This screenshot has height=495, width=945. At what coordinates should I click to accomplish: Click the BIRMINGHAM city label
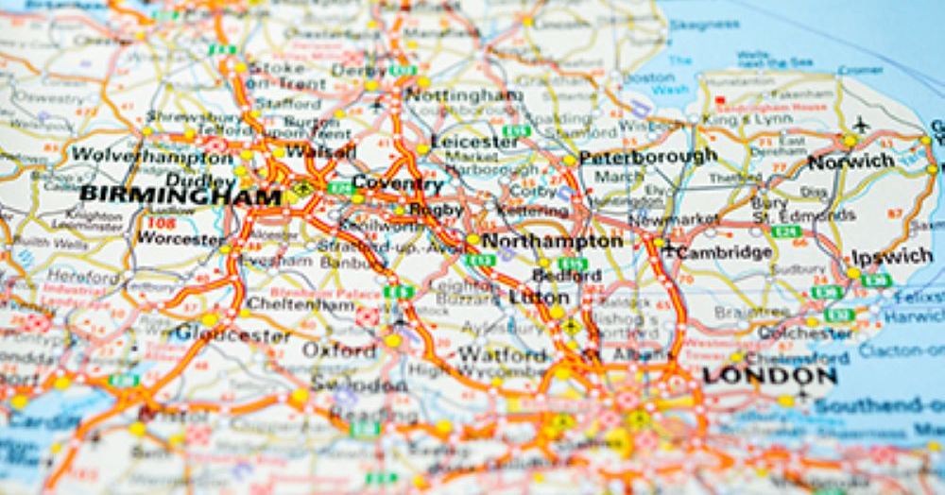[x=180, y=196]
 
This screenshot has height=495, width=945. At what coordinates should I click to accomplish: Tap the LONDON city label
[x=769, y=375]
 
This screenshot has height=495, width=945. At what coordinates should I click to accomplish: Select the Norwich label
[x=850, y=162]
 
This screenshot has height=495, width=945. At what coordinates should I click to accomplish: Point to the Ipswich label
[x=892, y=257]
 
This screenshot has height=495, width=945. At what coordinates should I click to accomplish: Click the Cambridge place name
[x=725, y=252]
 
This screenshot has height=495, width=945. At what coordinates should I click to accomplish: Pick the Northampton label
[x=552, y=241]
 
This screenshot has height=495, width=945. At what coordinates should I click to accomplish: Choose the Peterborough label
[x=648, y=156]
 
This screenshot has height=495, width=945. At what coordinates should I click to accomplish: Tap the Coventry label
[x=397, y=183]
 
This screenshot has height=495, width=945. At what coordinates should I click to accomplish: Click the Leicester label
[x=474, y=142]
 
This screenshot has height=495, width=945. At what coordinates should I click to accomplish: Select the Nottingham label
[x=462, y=95]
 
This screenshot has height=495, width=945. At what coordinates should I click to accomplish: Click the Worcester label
[x=181, y=238]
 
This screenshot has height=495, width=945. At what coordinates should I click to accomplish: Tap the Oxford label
[x=338, y=350]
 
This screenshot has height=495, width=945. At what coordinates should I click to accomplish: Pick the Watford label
[x=503, y=355]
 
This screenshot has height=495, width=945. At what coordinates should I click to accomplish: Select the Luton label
[x=539, y=298]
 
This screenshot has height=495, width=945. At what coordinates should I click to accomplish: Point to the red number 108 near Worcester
[x=162, y=223]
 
